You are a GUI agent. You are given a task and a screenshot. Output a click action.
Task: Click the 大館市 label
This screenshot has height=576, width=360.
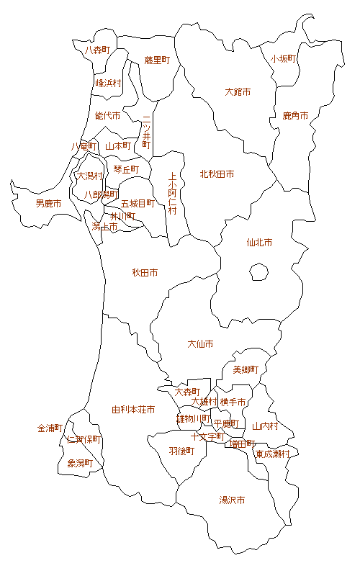(238, 92)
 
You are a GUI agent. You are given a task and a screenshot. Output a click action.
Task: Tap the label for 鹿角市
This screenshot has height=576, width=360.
(295, 116)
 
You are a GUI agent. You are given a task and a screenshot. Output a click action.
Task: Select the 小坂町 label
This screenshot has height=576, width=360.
(284, 59)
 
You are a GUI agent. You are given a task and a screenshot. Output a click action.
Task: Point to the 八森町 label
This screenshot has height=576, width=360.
(97, 50)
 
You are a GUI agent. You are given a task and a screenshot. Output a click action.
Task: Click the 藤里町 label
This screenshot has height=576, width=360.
(156, 60)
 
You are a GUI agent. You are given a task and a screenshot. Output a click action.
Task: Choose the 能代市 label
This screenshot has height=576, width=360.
(107, 115)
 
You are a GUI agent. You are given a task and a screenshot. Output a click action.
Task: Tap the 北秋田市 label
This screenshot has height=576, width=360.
(217, 174)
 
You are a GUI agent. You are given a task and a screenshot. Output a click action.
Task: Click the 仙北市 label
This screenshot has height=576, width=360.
(259, 243)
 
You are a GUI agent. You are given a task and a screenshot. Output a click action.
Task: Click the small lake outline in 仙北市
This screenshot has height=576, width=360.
(258, 271)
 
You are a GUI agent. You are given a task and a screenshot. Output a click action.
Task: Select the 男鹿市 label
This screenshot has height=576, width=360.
(48, 204)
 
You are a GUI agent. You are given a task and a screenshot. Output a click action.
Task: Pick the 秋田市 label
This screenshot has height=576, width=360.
(145, 273)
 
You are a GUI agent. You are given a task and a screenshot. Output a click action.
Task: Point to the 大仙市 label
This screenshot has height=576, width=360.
(200, 344)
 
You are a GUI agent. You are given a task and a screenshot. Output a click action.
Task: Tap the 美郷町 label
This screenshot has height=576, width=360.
(246, 370)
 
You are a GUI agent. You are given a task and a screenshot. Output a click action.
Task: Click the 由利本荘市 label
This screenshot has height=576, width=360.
(133, 410)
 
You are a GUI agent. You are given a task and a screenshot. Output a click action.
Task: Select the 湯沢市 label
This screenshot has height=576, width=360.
(232, 500)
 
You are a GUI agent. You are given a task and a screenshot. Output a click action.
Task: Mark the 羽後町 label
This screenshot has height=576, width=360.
(181, 451)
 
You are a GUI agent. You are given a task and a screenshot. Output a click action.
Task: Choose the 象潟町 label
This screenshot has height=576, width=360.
(80, 463)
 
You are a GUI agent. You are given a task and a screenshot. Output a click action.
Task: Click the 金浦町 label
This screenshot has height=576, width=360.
(50, 428)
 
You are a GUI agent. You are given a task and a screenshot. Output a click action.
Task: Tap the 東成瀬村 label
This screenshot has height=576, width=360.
(273, 454)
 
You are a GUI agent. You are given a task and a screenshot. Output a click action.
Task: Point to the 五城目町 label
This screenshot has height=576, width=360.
(138, 204)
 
